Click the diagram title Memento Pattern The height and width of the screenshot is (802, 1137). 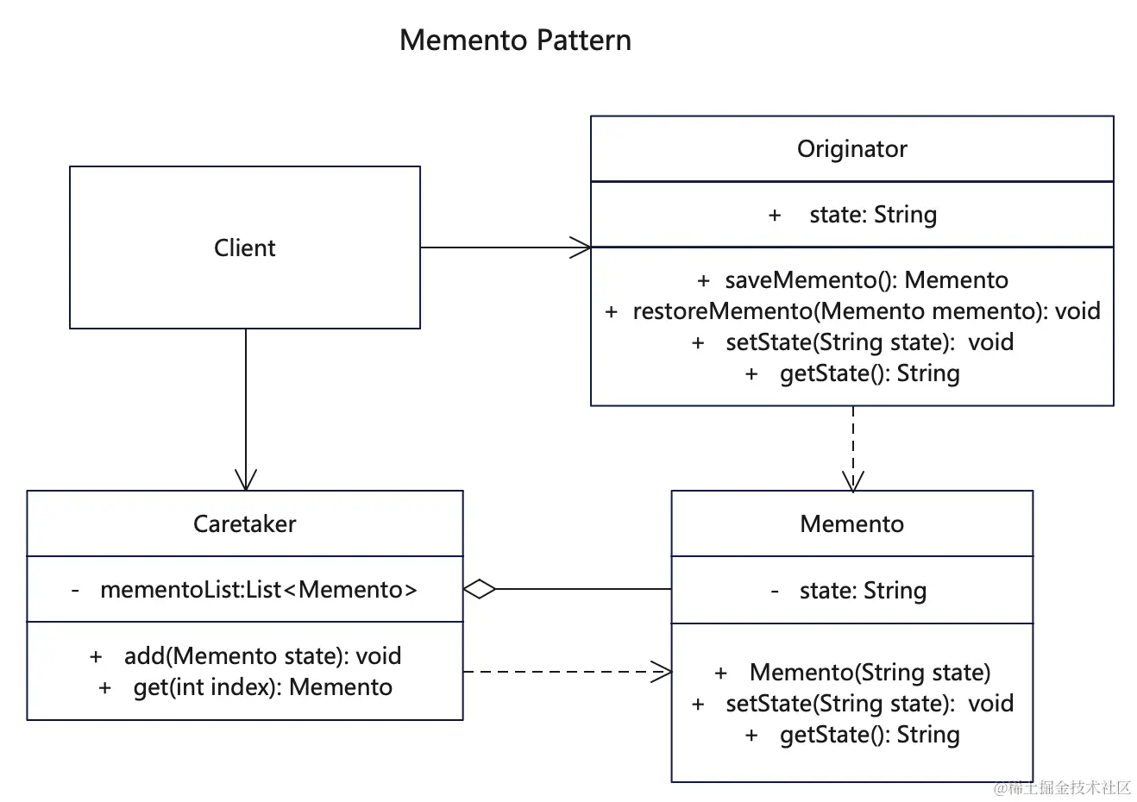(515, 41)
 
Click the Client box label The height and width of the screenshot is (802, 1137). (244, 248)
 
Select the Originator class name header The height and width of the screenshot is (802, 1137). (851, 149)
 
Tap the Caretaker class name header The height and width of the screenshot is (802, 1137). (244, 524)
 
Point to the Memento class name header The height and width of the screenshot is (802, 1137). (851, 524)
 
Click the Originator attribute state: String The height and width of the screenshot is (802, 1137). (871, 215)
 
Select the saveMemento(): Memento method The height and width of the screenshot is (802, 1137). (865, 280)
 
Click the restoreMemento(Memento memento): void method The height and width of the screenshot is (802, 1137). (865, 311)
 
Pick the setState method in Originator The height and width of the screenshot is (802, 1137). (868, 342)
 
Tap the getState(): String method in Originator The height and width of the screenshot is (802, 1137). (869, 373)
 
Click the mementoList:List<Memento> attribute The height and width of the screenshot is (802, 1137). (258, 590)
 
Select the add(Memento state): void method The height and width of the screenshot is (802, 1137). (261, 656)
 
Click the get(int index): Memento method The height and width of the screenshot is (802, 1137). (262, 687)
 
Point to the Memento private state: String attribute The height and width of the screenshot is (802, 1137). (862, 591)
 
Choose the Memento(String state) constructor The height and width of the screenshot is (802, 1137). (869, 673)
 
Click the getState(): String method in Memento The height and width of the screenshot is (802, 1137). (869, 735)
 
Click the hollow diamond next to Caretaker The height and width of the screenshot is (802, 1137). (480, 590)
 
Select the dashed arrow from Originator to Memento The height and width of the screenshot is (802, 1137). (852, 448)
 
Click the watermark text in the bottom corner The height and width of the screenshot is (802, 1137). (1062, 787)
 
